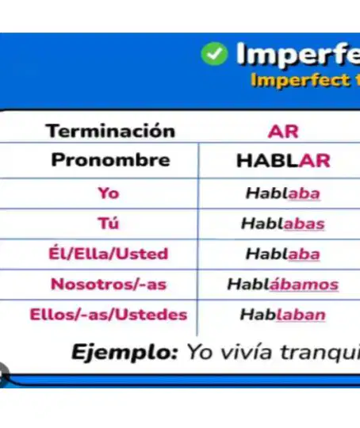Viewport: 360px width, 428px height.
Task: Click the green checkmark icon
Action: coord(214,54)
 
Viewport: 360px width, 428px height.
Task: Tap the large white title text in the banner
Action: coord(298,54)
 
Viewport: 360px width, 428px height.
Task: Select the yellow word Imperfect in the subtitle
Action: coord(301,81)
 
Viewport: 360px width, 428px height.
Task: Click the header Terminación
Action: coord(110,131)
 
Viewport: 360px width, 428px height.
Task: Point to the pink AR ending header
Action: coord(283,132)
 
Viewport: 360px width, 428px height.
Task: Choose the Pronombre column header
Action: coord(111,159)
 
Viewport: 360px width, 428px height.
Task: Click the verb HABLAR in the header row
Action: coord(284,160)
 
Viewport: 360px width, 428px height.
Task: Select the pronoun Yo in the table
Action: coord(109,193)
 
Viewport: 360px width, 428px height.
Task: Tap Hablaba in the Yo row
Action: coord(283,193)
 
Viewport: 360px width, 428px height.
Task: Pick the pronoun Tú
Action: coord(109,223)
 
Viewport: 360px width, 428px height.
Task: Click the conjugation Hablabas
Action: coord(283,224)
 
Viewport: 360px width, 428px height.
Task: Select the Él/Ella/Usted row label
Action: coord(109,254)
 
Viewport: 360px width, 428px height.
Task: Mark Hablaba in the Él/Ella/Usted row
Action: coord(283,254)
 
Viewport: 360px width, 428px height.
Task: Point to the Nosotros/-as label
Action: coord(109,284)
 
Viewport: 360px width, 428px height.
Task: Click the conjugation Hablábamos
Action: coord(283,284)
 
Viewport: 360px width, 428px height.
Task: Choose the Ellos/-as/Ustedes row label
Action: coord(109,314)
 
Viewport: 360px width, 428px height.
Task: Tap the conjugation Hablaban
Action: coord(283,315)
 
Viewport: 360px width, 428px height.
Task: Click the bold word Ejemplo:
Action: coord(124,353)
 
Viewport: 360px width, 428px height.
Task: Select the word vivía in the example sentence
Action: coord(246,352)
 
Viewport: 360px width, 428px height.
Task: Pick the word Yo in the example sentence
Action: coord(199,352)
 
